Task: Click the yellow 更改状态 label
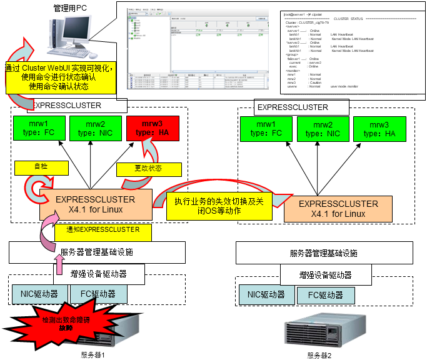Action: pos(149,169)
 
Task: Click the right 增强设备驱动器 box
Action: pos(325,275)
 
